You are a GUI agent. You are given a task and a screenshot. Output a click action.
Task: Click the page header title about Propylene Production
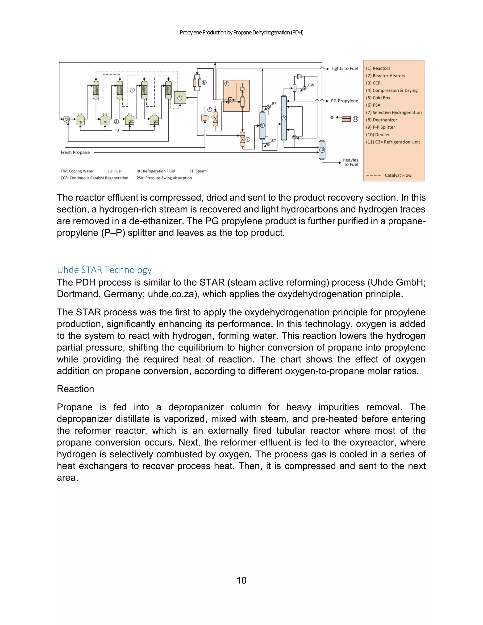pos(241,33)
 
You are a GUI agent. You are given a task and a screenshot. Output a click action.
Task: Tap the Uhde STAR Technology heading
pos(104,270)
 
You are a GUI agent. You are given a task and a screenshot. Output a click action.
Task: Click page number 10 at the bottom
pos(241,580)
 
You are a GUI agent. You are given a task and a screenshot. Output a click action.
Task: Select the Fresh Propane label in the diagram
pos(75,153)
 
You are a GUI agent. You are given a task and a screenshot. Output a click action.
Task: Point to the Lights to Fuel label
pos(345,69)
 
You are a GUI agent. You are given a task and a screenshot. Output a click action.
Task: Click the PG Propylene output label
pos(344,101)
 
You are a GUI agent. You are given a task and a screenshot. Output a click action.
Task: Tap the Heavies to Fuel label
pos(350,162)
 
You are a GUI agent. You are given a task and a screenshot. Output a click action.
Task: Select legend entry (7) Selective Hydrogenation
pos(394,112)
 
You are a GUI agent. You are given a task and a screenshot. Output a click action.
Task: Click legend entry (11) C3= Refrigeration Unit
pos(393,142)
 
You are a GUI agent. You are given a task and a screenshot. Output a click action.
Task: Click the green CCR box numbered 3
pos(180,98)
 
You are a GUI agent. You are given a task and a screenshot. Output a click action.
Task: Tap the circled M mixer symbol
pos(66,119)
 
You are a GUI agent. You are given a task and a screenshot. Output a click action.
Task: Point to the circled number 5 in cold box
pos(227,84)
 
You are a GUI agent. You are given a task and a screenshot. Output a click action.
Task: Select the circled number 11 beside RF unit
pos(355,119)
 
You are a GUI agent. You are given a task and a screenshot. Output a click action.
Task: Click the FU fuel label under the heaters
pos(117,130)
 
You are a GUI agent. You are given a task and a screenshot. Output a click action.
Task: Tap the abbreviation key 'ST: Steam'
pos(198,171)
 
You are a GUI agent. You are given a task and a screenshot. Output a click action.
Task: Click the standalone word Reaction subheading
pos(75,389)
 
